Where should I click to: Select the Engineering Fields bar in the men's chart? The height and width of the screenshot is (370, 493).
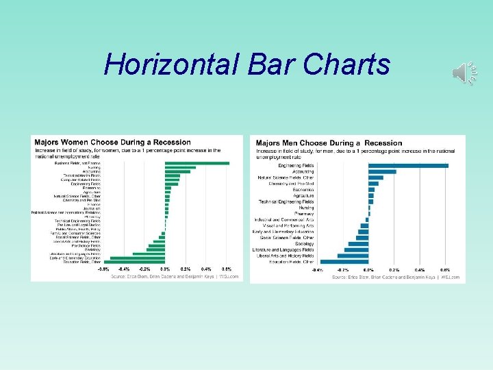coord(408,165)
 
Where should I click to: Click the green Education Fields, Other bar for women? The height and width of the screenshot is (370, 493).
coord(133,262)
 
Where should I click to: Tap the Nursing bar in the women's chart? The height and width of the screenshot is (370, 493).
coord(180,167)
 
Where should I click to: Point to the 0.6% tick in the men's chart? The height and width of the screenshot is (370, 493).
coord(445,270)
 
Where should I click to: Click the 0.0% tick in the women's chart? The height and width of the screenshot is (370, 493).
coord(165,269)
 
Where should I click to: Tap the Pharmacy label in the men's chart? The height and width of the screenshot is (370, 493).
coord(304,213)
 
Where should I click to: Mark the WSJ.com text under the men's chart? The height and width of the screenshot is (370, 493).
coord(451,277)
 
